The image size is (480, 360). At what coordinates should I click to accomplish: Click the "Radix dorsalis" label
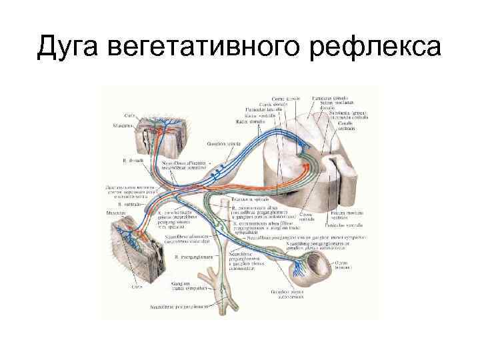[251, 122]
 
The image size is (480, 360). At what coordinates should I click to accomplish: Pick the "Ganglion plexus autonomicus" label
[303, 296]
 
